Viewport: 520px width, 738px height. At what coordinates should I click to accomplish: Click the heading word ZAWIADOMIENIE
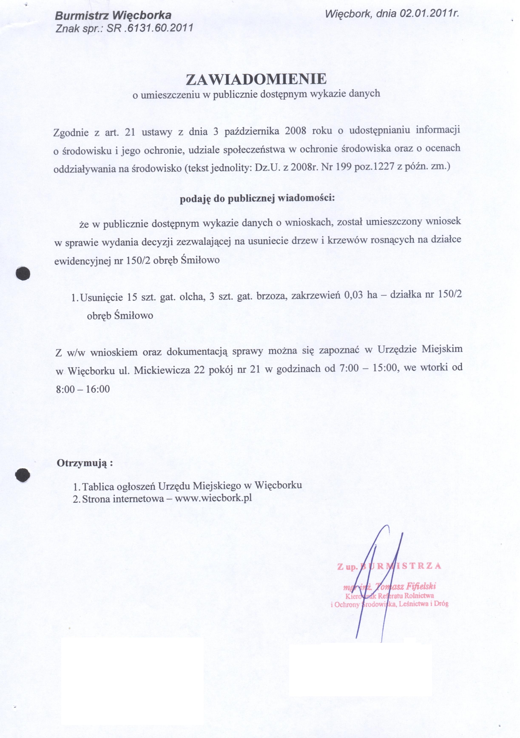coord(256,79)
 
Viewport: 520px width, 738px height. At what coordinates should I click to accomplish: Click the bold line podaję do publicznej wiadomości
coord(257,198)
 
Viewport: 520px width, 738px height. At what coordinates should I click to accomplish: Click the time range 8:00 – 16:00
coord(83,389)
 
